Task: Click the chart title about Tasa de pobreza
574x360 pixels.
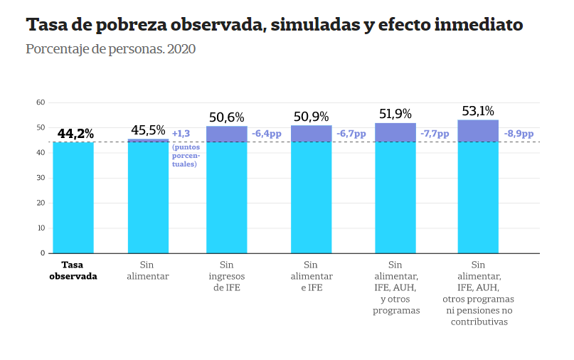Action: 275,26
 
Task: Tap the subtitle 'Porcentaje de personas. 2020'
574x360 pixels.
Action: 110,50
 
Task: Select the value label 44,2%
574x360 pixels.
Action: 75,134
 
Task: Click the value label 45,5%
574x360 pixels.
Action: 148,131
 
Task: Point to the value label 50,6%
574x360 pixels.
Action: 226,117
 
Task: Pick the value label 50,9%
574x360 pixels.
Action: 310,117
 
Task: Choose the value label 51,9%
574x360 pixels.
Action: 395,114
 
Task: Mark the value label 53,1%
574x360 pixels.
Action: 477,111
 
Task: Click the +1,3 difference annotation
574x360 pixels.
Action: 181,134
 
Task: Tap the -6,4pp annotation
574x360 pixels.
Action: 267,134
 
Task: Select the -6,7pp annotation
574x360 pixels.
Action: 351,134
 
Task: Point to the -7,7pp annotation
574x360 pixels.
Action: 435,134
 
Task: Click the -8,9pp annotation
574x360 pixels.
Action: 519,134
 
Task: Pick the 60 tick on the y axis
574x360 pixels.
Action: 41,102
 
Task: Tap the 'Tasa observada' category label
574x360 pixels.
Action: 73,270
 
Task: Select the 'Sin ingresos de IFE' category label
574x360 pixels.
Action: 226,276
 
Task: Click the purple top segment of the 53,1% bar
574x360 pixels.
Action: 477,131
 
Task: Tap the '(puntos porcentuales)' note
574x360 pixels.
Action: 185,156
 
